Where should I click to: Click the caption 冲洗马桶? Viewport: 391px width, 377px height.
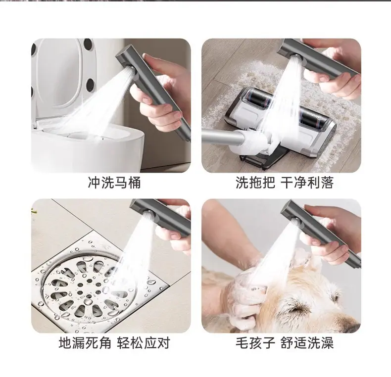click(x=114, y=182)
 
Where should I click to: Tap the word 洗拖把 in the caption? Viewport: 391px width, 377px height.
click(x=255, y=182)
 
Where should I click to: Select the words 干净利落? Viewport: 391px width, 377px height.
click(x=307, y=182)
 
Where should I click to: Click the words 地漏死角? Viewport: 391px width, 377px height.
click(x=85, y=342)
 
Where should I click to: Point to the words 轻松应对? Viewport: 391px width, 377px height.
click(x=144, y=342)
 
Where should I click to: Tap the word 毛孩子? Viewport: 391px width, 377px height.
click(x=255, y=342)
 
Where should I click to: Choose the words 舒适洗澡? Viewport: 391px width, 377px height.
click(x=307, y=342)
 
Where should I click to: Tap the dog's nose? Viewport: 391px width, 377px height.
click(x=351, y=324)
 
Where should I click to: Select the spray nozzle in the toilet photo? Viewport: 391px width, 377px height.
click(x=130, y=70)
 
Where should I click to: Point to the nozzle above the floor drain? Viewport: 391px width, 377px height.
click(x=149, y=215)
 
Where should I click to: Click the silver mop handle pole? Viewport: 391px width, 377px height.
click(x=222, y=138)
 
